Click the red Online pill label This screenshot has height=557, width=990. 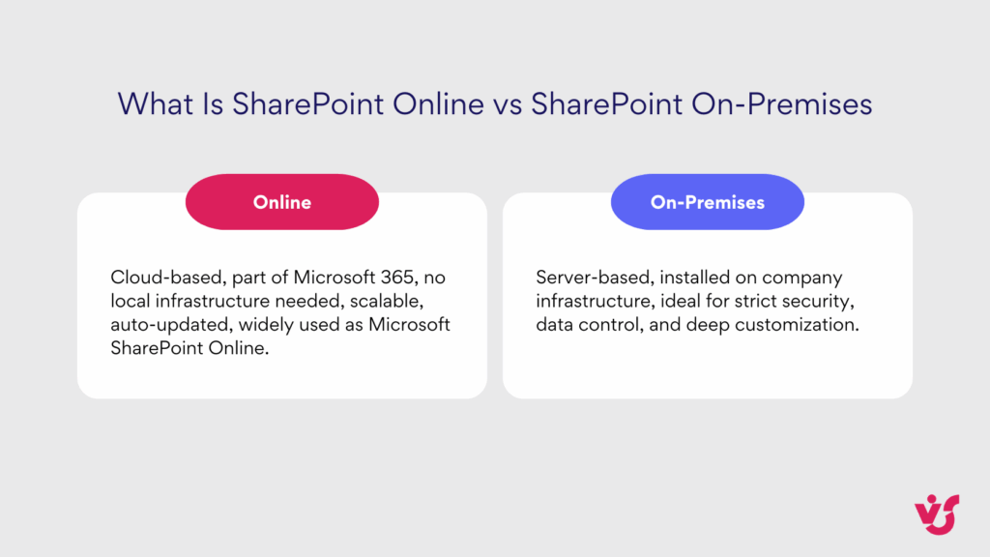(x=281, y=202)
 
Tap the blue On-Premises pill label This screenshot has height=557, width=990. (x=707, y=202)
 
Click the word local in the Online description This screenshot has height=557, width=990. (x=131, y=301)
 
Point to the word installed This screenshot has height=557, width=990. (x=694, y=278)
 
